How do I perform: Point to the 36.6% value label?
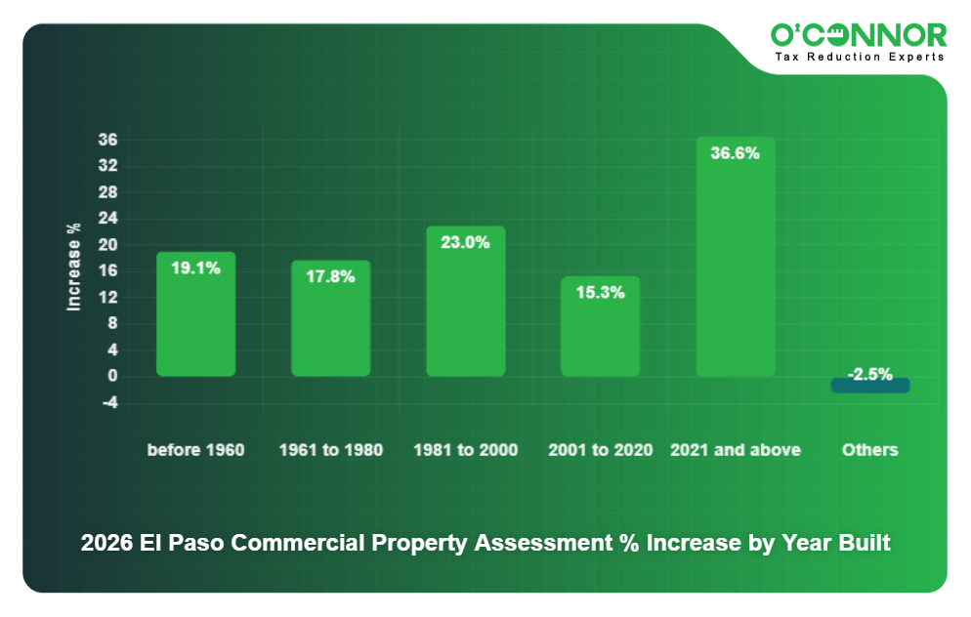coord(735,153)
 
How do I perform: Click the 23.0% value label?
coord(465,242)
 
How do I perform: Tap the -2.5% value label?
coord(869,374)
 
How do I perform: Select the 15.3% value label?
coord(600,292)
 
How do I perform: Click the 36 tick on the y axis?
coord(108,140)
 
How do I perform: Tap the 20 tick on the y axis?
coord(108,244)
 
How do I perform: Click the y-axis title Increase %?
coord(73,267)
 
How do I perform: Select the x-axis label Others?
coord(869,450)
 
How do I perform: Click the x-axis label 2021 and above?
coord(735,450)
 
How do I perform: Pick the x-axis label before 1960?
coord(195,450)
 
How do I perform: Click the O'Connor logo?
coord(858,35)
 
